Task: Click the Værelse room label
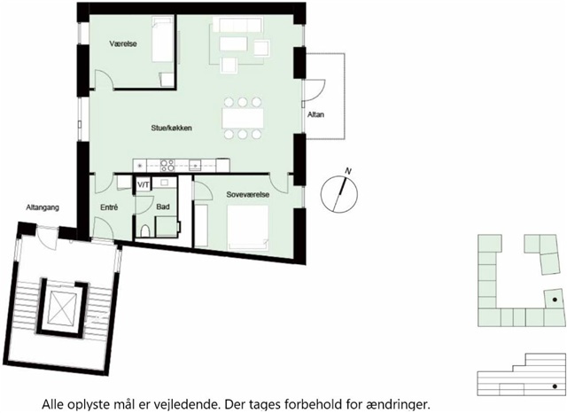click(123, 43)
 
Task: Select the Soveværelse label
click(248, 195)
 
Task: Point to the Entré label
click(109, 207)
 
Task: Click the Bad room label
click(163, 206)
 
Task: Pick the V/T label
click(144, 185)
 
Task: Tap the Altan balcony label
click(315, 114)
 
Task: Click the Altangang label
click(43, 207)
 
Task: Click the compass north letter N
click(348, 171)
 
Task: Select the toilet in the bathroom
click(145, 230)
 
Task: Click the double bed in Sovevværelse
click(248, 228)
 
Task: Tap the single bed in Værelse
click(162, 40)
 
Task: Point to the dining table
click(243, 118)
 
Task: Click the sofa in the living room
click(237, 25)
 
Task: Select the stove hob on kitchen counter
click(167, 165)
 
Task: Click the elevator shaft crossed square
click(62, 308)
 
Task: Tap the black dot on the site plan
click(555, 300)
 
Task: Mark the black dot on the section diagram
click(555, 386)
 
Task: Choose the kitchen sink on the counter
click(195, 165)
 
